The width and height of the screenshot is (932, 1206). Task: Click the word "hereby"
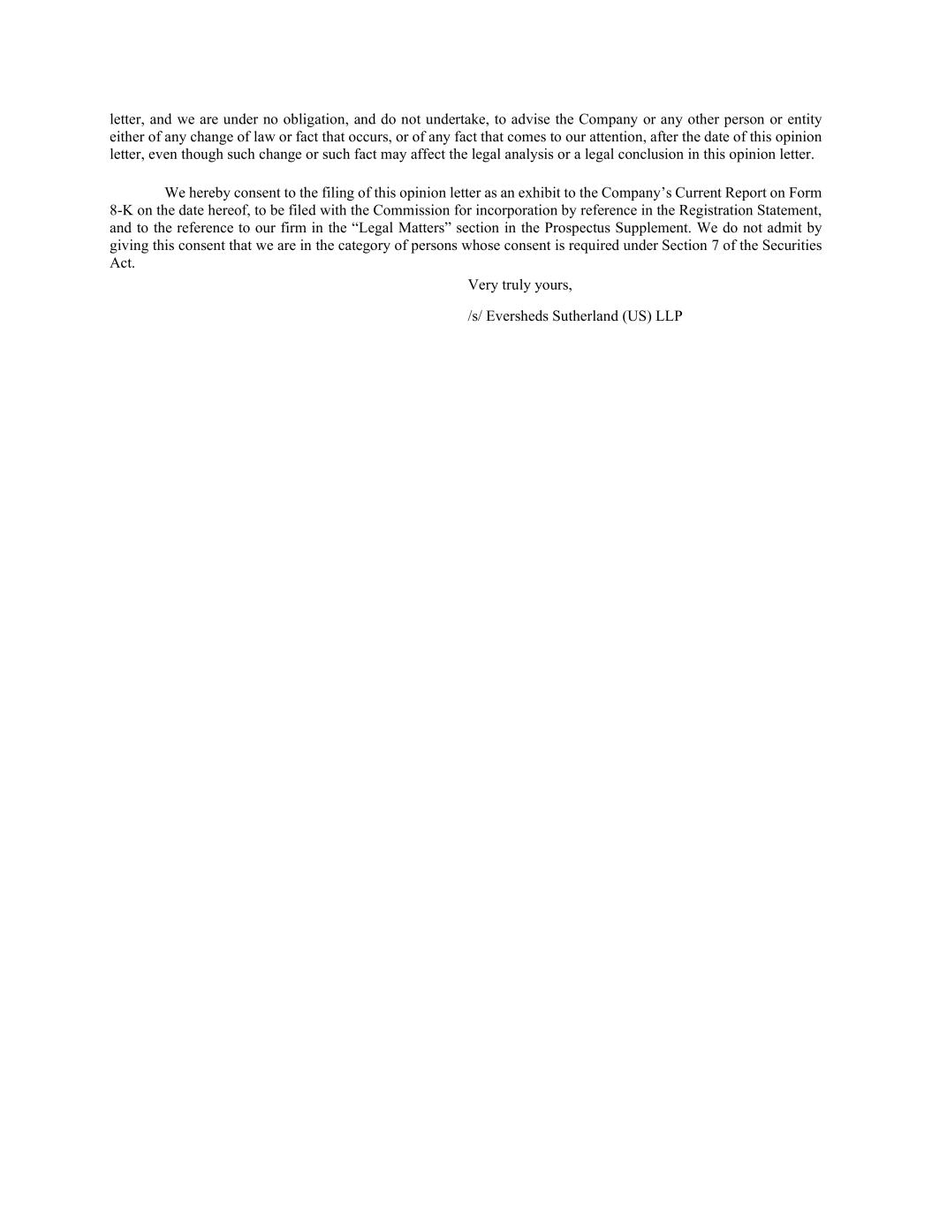[x=210, y=193]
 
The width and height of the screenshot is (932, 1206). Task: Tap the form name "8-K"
[x=121, y=210]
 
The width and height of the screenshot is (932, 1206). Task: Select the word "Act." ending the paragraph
[x=122, y=263]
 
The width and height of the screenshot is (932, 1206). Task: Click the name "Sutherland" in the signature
[x=585, y=316]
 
